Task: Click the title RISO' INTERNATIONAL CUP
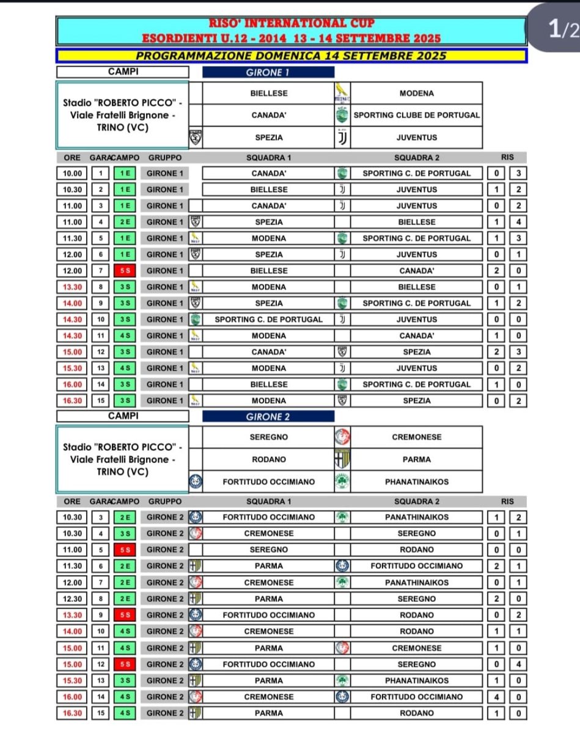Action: pyautogui.click(x=292, y=24)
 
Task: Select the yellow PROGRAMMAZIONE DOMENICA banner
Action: pyautogui.click(x=291, y=56)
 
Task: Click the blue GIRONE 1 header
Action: pyautogui.click(x=268, y=72)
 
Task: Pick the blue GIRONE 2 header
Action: pyautogui.click(x=268, y=417)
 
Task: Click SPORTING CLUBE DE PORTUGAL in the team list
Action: pyautogui.click(x=417, y=115)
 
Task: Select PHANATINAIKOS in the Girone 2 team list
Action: pyautogui.click(x=417, y=481)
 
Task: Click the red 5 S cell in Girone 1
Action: pyautogui.click(x=124, y=270)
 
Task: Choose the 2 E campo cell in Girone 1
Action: pyautogui.click(x=124, y=222)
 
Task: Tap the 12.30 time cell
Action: pyautogui.click(x=72, y=599)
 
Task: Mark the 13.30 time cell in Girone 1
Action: pyautogui.click(x=72, y=287)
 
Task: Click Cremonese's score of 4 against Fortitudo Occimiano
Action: pyautogui.click(x=497, y=697)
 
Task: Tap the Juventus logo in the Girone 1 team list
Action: pyautogui.click(x=342, y=138)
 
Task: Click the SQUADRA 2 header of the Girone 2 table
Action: pyautogui.click(x=417, y=502)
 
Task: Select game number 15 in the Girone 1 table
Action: pyautogui.click(x=100, y=401)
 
